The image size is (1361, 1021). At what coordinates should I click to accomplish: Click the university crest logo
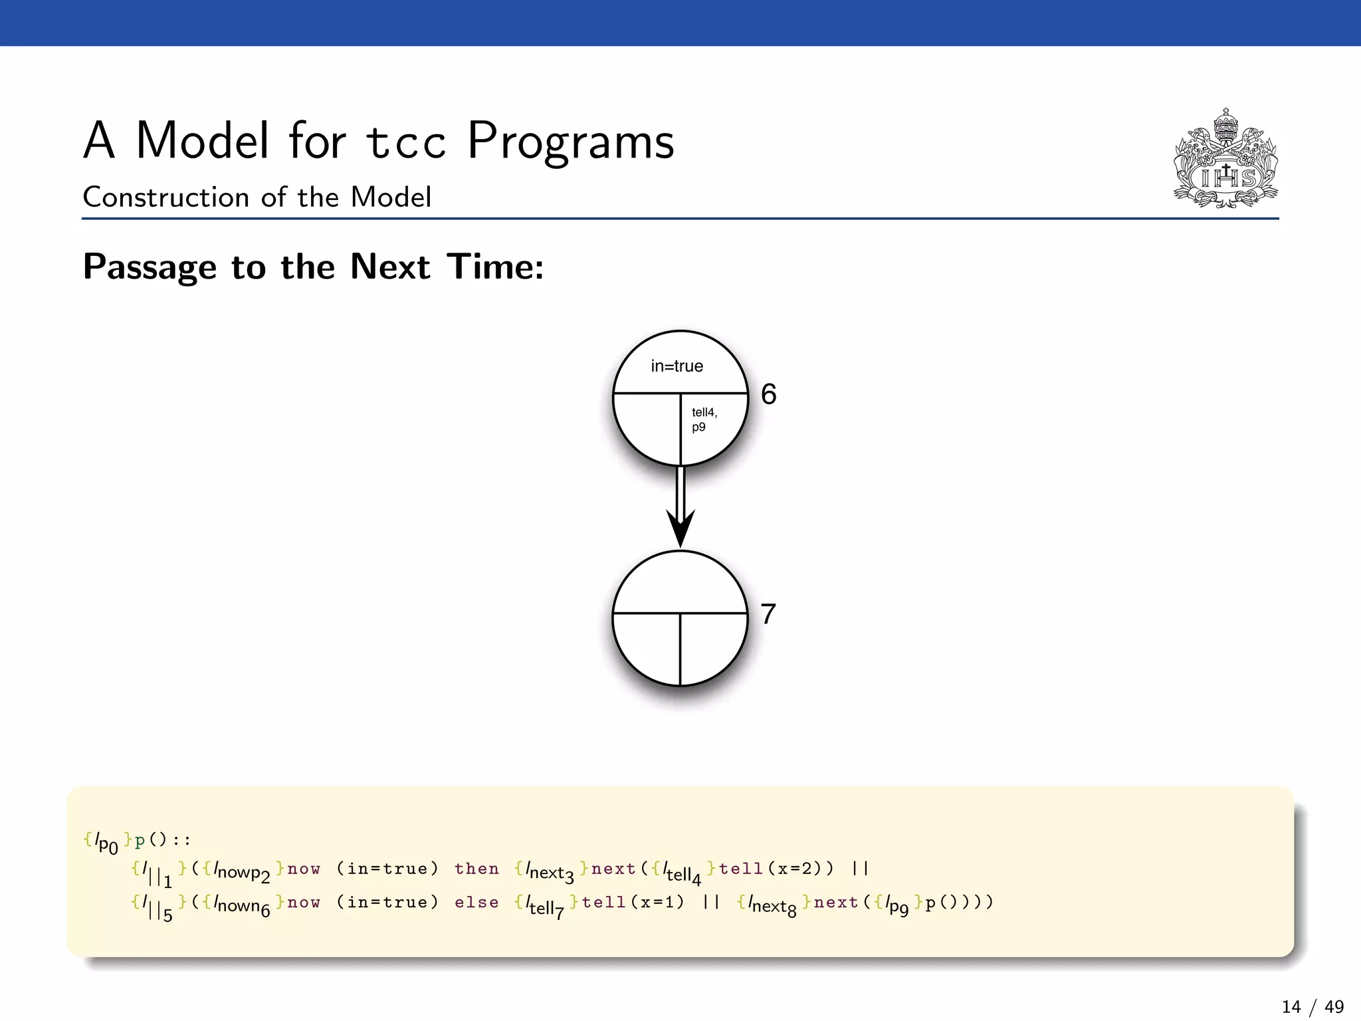click(x=1225, y=160)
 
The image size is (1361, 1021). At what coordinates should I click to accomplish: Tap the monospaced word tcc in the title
click(x=405, y=142)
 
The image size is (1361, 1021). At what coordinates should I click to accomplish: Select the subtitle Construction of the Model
click(x=257, y=197)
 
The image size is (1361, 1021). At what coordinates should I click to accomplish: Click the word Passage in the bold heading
click(x=150, y=267)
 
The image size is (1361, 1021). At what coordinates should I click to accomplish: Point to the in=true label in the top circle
click(x=677, y=366)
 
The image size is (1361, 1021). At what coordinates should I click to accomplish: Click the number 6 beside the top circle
click(x=768, y=394)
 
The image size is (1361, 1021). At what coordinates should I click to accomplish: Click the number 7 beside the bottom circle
click(x=768, y=614)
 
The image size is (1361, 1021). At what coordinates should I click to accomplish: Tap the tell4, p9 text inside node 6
click(x=704, y=419)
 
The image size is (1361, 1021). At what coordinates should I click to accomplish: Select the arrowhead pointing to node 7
click(x=680, y=528)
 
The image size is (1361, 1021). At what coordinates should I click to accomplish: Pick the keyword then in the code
click(x=476, y=869)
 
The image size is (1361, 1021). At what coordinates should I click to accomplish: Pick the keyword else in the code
click(x=476, y=903)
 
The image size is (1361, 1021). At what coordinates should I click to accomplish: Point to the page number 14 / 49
click(x=1312, y=1007)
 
